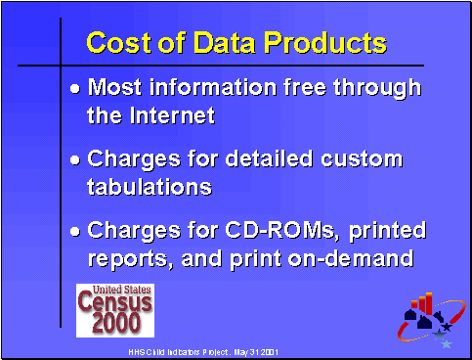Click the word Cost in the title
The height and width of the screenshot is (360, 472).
coord(118,44)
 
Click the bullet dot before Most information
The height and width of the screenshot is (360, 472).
coord(77,88)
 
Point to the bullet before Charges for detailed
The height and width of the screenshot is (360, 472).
coord(77,159)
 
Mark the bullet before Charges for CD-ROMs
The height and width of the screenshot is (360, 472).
coord(77,232)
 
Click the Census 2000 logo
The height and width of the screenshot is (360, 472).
coord(115,308)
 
